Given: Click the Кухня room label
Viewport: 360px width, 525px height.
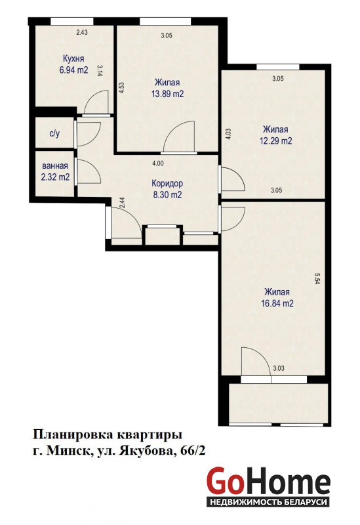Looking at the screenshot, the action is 73,58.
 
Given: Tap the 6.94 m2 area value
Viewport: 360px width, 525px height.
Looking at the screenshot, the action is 73,70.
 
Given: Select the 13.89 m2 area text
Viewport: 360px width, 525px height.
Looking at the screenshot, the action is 167,94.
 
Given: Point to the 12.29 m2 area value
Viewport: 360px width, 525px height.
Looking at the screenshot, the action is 275,140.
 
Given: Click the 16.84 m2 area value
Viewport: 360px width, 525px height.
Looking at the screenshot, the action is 277,303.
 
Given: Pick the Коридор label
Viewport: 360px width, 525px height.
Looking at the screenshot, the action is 167,184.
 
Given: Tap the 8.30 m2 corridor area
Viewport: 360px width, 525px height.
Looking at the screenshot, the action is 167,194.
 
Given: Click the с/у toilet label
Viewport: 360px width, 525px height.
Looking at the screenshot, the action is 54,134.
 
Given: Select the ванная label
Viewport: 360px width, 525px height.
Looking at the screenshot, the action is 55,166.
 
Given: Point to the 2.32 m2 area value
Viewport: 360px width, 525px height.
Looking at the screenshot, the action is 55,177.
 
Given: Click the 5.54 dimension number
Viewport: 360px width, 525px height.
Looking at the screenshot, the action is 317,278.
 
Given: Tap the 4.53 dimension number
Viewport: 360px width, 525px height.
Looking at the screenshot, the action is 122,88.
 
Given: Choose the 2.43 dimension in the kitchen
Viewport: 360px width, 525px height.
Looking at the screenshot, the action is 82,32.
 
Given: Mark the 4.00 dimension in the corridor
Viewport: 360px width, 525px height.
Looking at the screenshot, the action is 158,163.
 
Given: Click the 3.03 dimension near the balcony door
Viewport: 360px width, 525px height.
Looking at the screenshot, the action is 279,368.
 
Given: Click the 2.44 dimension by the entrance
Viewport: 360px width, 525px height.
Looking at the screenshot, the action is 122,203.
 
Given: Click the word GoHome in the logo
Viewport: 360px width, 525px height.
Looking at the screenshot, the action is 268,481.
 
